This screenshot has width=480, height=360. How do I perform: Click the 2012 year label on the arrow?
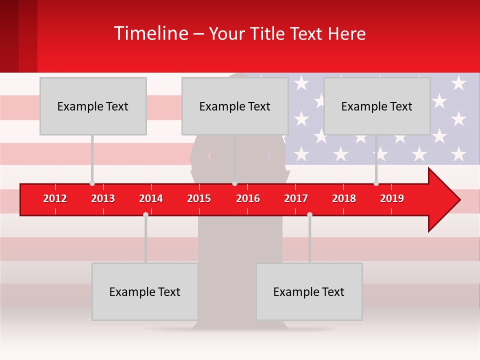tap(55, 198)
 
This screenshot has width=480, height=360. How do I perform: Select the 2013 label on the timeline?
tap(103, 198)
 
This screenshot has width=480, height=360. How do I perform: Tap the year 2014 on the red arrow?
tap(151, 198)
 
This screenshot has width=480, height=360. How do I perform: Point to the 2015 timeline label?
tap(199, 198)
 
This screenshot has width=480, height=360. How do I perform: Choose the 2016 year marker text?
tap(248, 198)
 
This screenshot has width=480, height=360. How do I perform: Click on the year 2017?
tap(296, 198)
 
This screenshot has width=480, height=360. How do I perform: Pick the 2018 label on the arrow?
tap(344, 198)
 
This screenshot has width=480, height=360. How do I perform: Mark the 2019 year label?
tap(392, 198)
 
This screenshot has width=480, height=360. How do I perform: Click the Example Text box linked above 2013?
tap(93, 106)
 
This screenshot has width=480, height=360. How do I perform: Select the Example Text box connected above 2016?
tap(235, 106)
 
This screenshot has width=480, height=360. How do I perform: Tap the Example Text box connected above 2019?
tap(377, 106)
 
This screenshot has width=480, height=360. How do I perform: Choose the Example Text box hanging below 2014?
tap(145, 291)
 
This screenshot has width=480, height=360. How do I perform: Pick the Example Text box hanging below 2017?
tap(309, 291)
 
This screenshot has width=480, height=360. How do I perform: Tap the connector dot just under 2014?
tap(145, 214)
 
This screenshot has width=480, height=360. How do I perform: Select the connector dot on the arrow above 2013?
tap(92, 183)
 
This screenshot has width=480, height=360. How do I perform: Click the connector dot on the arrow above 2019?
tap(376, 183)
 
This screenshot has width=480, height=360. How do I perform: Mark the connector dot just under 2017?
tap(309, 214)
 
